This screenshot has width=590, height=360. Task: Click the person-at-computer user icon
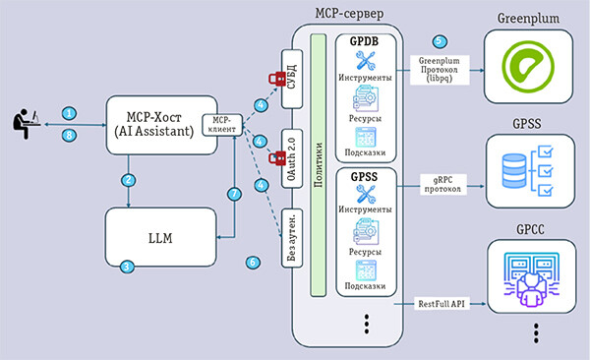coord(27,124)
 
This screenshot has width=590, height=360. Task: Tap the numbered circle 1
coord(69,113)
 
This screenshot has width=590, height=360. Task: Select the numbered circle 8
coord(69,135)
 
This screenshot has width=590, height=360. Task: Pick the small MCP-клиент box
coord(222,125)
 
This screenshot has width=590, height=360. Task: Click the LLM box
coord(160,237)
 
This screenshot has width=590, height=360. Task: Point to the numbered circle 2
coord(129,180)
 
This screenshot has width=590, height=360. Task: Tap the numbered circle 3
coord(127,267)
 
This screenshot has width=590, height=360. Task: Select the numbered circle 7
coord(234,194)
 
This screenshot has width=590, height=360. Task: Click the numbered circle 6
coord(253,263)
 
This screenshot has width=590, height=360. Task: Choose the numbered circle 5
coord(440,41)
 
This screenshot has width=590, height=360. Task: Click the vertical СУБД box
coord(292,79)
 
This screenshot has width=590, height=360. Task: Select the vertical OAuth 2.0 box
coord(292,158)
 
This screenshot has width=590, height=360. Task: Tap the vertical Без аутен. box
coord(292,238)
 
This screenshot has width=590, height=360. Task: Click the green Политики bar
coord(319,165)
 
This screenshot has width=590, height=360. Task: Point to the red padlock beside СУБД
coord(277,79)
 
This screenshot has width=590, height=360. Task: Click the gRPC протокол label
coord(442,184)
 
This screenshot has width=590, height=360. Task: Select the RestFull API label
coord(442,304)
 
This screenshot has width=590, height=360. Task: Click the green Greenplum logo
coord(528,67)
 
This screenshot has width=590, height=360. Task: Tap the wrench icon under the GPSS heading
coord(366,195)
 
